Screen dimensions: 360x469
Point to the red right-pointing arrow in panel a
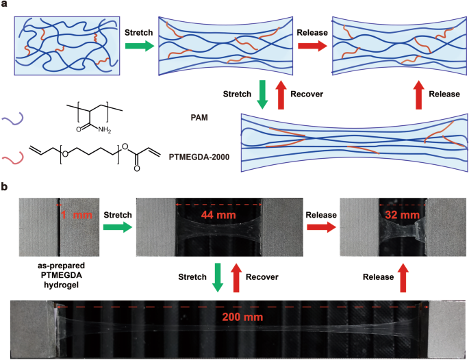coord(312,46)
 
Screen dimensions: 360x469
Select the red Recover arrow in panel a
coord(280,94)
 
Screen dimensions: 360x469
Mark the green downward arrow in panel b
coord(218,277)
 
